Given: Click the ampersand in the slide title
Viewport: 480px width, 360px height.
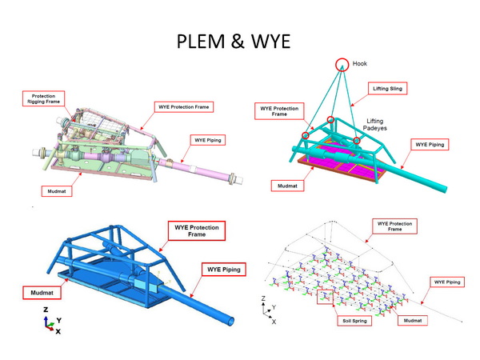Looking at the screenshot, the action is (x=238, y=41).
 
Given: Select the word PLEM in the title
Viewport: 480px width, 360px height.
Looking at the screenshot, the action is (x=201, y=41).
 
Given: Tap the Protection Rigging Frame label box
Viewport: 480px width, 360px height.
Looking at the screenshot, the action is (x=43, y=98).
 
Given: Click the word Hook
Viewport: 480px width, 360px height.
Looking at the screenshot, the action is (x=360, y=64).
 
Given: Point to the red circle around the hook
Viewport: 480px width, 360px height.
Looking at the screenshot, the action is (x=342, y=58).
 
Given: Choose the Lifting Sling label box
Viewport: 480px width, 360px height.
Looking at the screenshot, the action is (x=387, y=89).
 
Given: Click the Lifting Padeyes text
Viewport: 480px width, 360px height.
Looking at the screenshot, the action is (x=374, y=125).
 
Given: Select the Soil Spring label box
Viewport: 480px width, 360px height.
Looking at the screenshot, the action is (x=354, y=321).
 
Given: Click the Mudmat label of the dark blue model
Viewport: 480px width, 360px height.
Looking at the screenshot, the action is (x=42, y=293).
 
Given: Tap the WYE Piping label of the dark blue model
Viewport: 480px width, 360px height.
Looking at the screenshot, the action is (x=224, y=270).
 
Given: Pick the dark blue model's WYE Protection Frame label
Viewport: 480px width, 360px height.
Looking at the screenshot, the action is (x=197, y=231).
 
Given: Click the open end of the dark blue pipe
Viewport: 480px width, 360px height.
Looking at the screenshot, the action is (x=231, y=322).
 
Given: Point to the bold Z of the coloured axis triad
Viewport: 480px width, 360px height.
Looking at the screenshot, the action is (x=46, y=310).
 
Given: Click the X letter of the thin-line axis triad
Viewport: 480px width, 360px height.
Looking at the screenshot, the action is (x=274, y=322).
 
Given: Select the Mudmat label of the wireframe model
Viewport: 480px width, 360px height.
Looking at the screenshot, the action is (x=412, y=321).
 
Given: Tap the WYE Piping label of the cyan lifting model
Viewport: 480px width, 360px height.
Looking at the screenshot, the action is (x=430, y=145).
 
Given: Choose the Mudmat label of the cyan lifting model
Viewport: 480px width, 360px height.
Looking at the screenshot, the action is (x=287, y=186).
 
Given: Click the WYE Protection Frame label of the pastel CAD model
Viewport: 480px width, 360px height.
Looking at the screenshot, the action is (x=184, y=107).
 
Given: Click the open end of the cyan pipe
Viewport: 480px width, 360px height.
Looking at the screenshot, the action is (x=443, y=189).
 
